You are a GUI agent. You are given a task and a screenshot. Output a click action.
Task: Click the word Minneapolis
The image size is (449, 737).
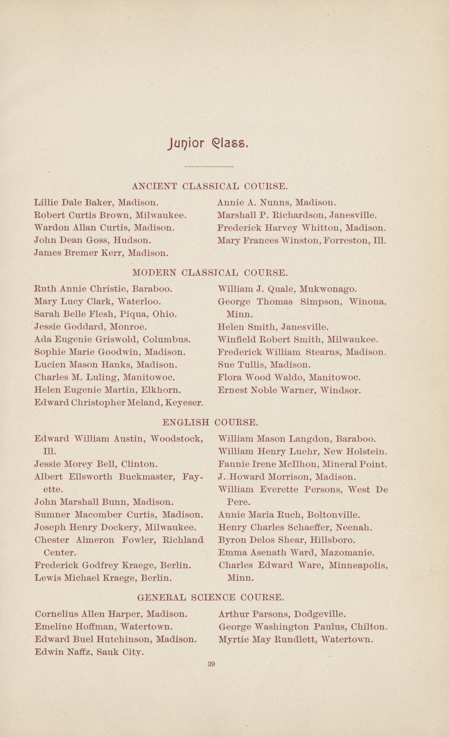tap(358, 565)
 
